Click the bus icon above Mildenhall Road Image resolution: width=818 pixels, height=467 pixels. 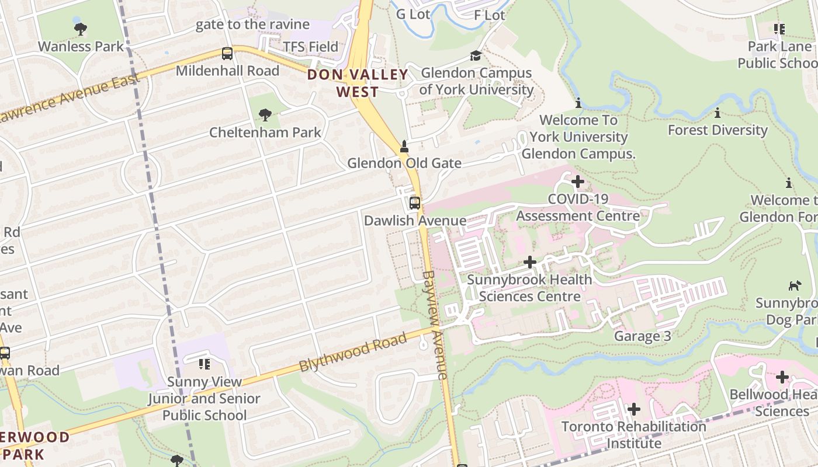227,54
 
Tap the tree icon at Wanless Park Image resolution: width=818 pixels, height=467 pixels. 81,29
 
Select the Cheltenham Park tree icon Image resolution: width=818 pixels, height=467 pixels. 265,114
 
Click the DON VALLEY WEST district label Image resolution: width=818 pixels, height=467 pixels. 358,83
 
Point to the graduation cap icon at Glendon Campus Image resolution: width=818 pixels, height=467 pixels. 476,55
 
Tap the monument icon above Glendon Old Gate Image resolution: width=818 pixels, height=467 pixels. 404,146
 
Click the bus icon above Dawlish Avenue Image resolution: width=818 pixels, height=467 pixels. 415,203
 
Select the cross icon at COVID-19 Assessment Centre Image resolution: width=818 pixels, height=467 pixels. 577,182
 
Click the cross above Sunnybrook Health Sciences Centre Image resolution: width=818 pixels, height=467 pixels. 530,262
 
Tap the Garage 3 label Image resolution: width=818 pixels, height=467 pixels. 642,336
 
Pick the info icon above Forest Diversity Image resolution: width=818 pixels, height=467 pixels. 718,113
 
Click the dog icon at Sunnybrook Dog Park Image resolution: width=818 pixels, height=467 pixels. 795,285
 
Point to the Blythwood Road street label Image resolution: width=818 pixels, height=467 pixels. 352,353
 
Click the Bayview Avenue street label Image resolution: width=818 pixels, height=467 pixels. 435,325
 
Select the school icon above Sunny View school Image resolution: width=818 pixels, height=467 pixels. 204,364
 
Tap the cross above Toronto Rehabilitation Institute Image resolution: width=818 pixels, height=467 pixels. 633,409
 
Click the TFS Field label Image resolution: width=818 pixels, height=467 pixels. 310,47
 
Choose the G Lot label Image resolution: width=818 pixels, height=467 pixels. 413,14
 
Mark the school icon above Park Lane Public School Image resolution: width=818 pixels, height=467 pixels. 779,29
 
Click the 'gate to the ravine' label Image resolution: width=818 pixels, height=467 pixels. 252,24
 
